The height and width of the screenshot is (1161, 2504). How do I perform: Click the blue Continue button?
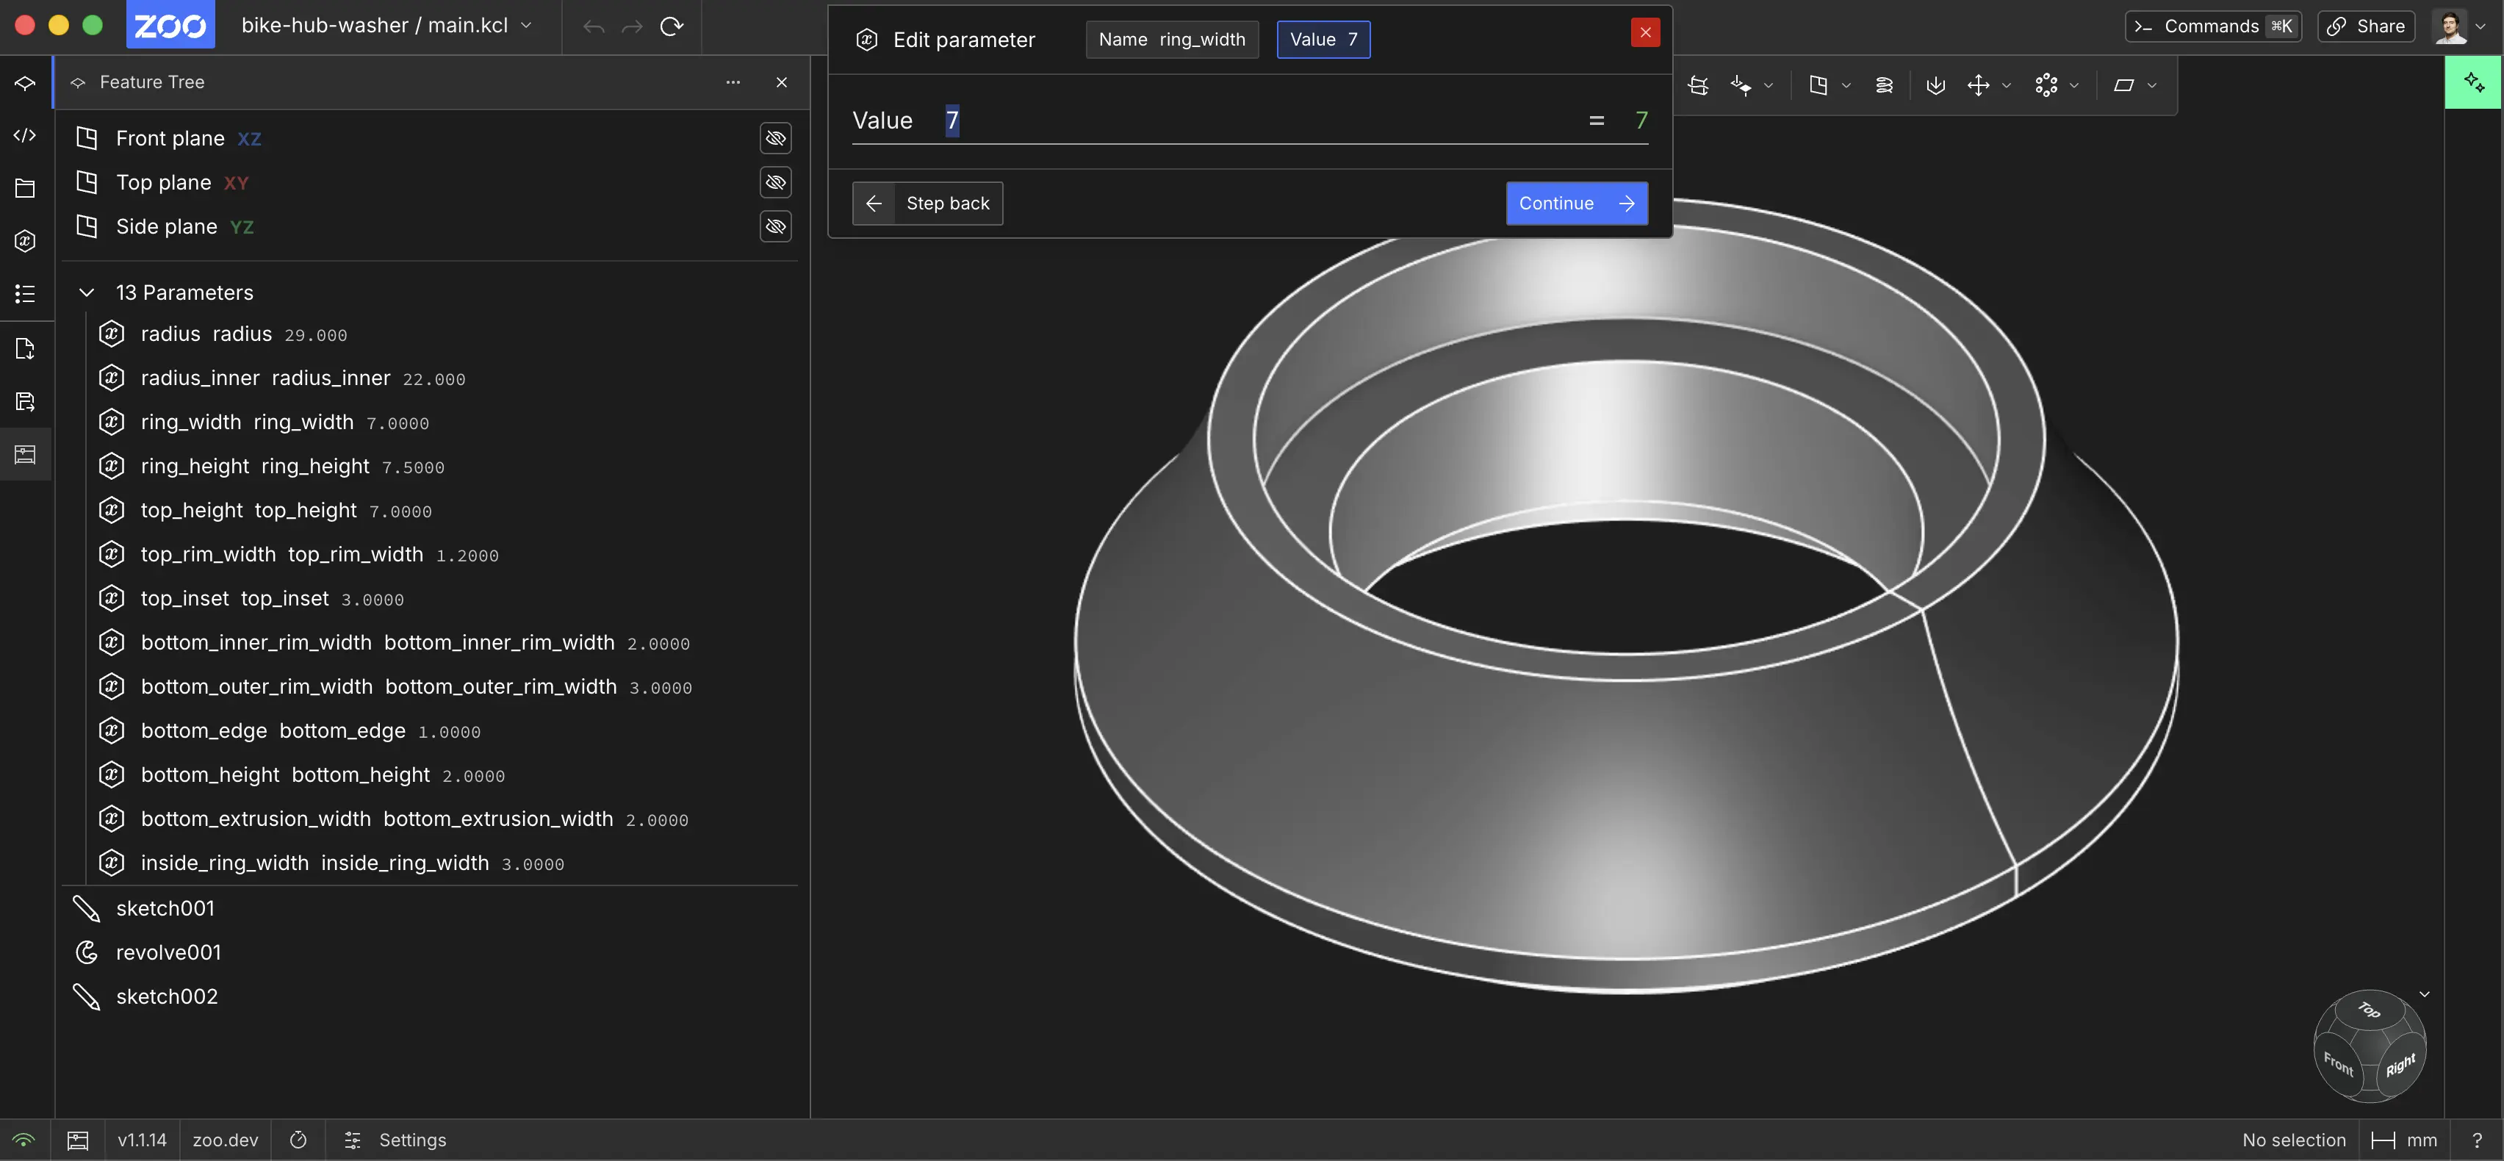click(x=1576, y=204)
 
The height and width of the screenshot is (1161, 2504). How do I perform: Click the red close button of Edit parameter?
click(x=1644, y=32)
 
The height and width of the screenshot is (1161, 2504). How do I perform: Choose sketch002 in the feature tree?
click(x=166, y=996)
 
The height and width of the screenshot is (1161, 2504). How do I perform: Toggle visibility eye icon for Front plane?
click(x=774, y=138)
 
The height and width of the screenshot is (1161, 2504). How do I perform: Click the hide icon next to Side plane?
click(x=774, y=226)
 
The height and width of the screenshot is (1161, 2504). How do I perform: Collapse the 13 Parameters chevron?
click(x=87, y=292)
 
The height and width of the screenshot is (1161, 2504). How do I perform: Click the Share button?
click(x=2366, y=26)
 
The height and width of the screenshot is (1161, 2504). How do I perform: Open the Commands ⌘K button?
click(x=2212, y=26)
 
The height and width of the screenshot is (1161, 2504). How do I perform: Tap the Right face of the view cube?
click(x=2399, y=1065)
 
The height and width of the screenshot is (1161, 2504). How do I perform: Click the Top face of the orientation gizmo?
click(x=2369, y=1011)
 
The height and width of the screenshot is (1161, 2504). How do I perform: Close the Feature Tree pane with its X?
click(x=782, y=82)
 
